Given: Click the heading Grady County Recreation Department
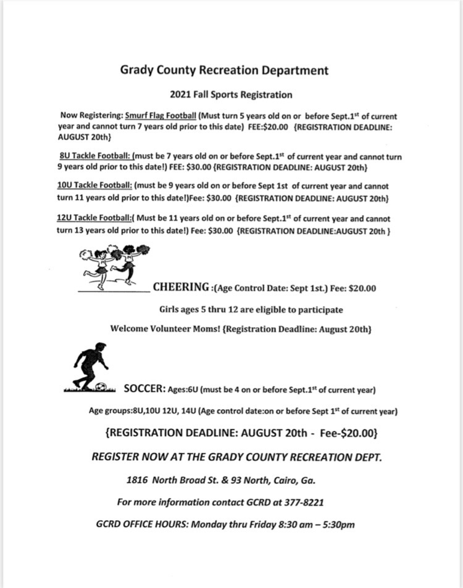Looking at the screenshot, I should (x=224, y=70).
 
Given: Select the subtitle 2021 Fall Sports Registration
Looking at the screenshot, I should (x=231, y=95).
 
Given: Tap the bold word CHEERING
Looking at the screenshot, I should (x=181, y=287).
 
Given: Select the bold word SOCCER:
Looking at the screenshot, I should (x=145, y=389).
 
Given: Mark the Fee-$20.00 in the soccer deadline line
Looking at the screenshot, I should (x=349, y=433).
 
